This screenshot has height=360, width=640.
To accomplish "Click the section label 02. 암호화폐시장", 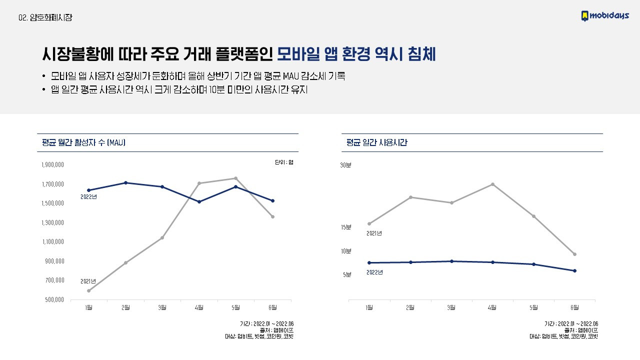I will (45, 17).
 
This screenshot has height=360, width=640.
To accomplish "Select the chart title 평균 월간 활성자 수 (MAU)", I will (83, 143).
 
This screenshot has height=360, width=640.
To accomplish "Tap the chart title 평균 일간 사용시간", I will (376, 143).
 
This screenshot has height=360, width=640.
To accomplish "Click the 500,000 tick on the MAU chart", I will (52, 299).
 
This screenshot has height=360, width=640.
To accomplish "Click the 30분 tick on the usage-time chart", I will (346, 165).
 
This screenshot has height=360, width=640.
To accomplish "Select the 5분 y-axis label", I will (347, 274).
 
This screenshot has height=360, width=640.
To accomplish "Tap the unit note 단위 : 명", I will (283, 162).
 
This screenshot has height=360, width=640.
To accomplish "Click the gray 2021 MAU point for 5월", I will (235, 178).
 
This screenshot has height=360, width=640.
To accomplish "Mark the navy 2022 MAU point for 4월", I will (199, 202).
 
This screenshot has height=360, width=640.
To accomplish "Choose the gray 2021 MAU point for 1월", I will (89, 290).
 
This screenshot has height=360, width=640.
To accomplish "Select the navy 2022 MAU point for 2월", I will (125, 183).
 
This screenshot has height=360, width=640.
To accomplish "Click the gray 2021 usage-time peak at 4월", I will (492, 184).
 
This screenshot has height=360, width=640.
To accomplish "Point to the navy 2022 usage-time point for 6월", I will (574, 271).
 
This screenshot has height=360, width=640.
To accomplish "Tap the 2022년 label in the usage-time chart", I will (374, 272).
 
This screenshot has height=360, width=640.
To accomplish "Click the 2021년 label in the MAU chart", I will (88, 282).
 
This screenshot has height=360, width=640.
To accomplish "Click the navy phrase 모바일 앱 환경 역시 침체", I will (356, 54).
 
